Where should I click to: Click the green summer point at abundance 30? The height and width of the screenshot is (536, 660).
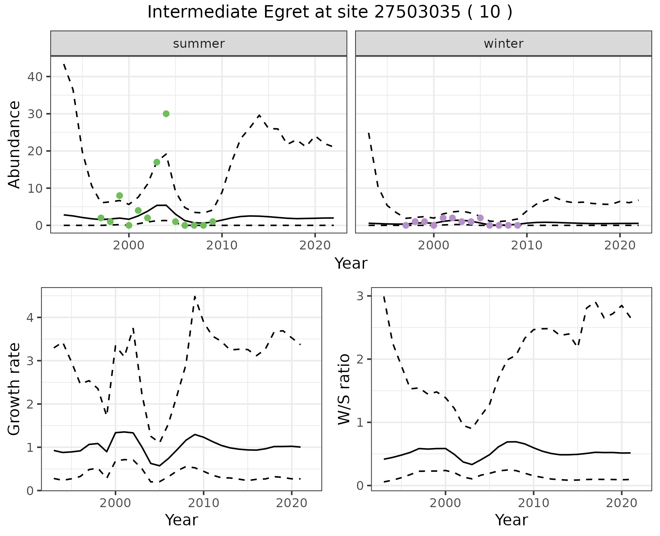pyautogui.click(x=166, y=114)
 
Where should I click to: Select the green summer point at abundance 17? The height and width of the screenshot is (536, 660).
pyautogui.click(x=157, y=162)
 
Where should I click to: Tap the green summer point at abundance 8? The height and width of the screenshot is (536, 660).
pyautogui.click(x=120, y=196)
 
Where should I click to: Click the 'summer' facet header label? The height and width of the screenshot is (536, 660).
pyautogui.click(x=199, y=44)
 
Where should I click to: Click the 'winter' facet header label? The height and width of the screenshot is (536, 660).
pyautogui.click(x=503, y=44)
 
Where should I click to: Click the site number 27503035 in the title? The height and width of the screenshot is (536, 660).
pyautogui.click(x=416, y=12)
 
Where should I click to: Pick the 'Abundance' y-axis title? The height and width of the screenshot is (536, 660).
pyautogui.click(x=14, y=144)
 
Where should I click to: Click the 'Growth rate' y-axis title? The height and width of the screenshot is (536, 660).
pyautogui.click(x=14, y=389)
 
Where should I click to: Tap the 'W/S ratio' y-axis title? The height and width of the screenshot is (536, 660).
pyautogui.click(x=344, y=389)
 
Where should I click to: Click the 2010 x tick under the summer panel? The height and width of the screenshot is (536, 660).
pyautogui.click(x=222, y=245)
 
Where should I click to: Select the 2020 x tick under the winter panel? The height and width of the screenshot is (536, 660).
pyautogui.click(x=620, y=245)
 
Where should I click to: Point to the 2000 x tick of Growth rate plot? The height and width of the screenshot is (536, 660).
pyautogui.click(x=115, y=503)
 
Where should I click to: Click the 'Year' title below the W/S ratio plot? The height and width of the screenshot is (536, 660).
pyautogui.click(x=511, y=520)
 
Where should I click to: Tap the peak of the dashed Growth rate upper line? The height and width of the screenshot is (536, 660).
pyautogui.click(x=195, y=296)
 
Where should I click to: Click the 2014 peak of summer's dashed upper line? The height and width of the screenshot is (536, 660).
pyautogui.click(x=259, y=115)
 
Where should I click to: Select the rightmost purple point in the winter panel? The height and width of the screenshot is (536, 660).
pyautogui.click(x=518, y=225)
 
